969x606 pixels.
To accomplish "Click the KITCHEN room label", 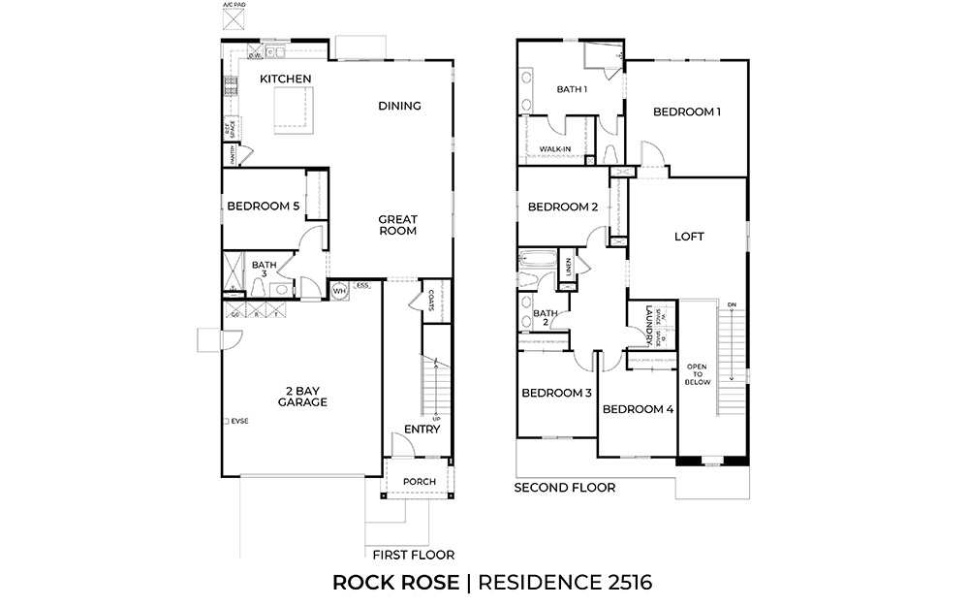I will pos(285,79).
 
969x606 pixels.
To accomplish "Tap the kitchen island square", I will pos(293,107).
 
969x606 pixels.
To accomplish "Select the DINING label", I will pos(399,106).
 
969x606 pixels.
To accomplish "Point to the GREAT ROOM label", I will pos(397,225).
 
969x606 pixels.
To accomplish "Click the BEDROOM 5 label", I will pos(263,206).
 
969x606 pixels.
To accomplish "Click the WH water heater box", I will pos(339,290).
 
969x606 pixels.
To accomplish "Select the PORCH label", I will pos(419,482).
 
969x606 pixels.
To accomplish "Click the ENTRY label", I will pos(422,429).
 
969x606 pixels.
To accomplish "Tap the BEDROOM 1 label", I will pos(687,112).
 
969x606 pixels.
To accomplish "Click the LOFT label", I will pos(688,237).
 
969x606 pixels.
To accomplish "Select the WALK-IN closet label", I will pos(555,148).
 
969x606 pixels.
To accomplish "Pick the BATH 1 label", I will pos(572,89).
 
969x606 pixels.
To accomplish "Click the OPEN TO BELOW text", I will pos(698,374).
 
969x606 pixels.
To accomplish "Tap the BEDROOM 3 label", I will pos(556,393).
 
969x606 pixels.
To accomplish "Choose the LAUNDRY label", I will pos(646,329).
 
